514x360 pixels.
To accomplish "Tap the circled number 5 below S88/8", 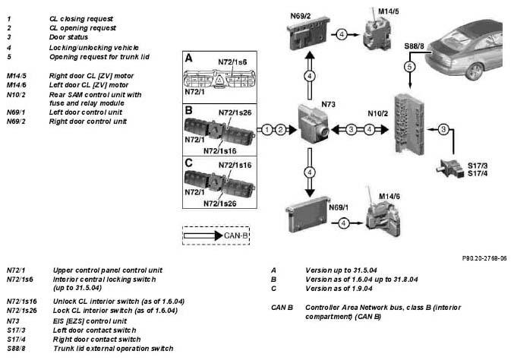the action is tap(409, 67).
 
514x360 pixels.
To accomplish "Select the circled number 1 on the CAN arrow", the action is tap(267, 130).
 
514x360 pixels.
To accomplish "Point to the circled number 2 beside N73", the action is tap(281, 130).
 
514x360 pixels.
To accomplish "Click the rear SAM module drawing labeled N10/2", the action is tap(410, 124).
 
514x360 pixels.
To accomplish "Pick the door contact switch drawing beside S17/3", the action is tap(450, 168).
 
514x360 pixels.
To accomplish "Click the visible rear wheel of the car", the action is tap(474, 71).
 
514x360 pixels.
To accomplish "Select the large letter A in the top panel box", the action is tap(189, 58).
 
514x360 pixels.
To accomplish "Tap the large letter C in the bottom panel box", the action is tap(189, 163).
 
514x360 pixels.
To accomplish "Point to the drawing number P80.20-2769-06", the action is tap(484, 258).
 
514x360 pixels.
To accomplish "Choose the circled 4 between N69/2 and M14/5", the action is tap(342, 34).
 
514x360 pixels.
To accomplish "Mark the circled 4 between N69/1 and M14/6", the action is tap(343, 223).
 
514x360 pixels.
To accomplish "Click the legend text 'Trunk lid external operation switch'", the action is tap(113, 348).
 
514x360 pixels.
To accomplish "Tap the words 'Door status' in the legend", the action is tap(68, 37).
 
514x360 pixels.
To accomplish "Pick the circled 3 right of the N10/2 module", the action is tap(443, 129).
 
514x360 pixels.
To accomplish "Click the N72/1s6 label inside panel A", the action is tap(232, 62).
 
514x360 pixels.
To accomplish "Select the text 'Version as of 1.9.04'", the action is tap(339, 289).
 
